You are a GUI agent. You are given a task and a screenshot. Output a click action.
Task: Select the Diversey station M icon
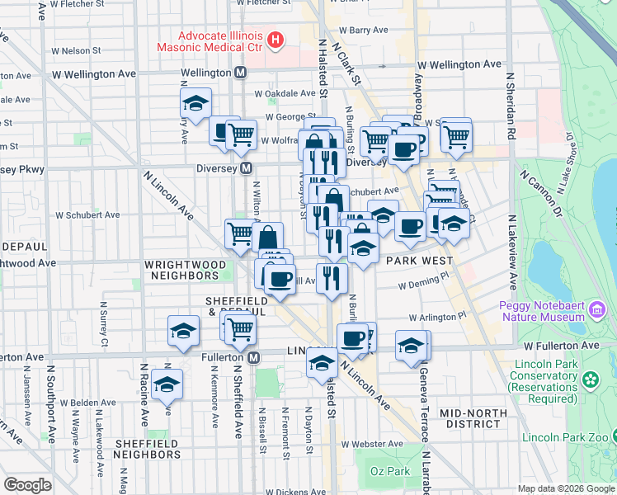246,169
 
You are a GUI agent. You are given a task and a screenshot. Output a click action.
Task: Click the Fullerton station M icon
254,357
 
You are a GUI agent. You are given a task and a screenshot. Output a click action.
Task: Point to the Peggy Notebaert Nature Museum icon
596,310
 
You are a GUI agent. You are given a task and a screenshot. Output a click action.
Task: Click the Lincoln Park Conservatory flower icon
590,380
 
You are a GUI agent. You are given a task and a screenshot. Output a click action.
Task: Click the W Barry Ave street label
368,30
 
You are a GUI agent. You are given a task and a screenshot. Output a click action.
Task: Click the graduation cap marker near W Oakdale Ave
195,103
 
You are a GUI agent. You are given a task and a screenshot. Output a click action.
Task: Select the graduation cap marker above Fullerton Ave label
182,332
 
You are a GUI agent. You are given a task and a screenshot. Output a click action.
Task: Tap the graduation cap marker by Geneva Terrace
411,346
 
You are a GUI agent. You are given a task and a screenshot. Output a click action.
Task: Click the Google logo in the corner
27,485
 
